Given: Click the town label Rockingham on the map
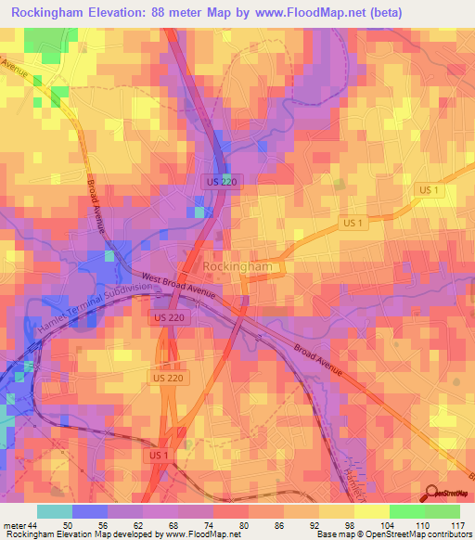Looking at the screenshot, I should [x=237, y=266].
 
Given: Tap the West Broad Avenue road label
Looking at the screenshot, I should [x=179, y=285].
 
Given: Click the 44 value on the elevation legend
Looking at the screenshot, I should [x=34, y=525].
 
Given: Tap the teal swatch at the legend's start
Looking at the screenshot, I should [x=54, y=511].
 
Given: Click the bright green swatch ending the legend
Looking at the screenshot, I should [x=443, y=511].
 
